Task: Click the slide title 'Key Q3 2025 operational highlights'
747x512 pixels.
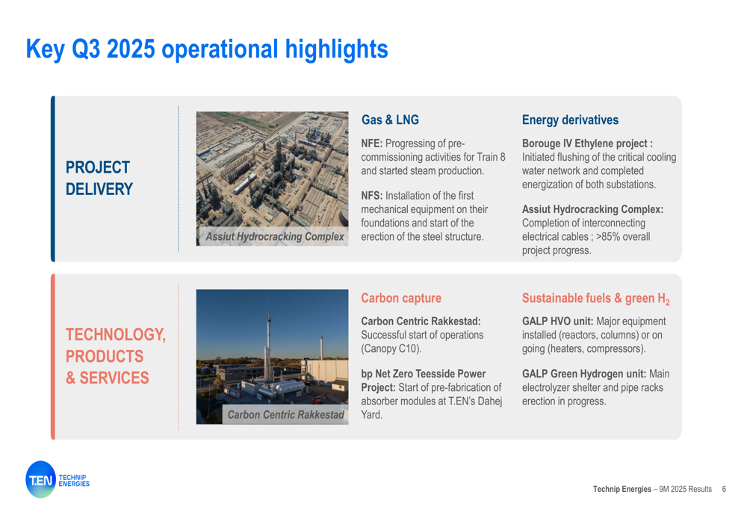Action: click(x=207, y=49)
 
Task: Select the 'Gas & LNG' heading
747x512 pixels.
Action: click(x=390, y=120)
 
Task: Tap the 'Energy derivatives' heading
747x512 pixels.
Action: click(x=570, y=120)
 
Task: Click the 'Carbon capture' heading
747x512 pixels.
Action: click(x=400, y=298)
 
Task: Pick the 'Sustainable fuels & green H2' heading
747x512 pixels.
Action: click(x=595, y=299)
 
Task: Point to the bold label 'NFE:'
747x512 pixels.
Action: click(x=371, y=144)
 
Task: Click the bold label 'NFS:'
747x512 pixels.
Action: click(x=371, y=195)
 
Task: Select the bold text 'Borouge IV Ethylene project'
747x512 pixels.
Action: click(x=585, y=144)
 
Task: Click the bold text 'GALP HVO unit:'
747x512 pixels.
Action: click(x=557, y=321)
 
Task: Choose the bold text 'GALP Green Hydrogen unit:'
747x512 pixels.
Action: click(x=584, y=374)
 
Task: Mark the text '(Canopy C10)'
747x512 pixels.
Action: click(x=391, y=348)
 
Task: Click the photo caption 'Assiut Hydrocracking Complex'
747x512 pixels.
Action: click(x=274, y=236)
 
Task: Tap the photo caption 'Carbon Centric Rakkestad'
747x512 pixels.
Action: click(x=285, y=415)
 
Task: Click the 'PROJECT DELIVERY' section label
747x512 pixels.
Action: click(x=99, y=179)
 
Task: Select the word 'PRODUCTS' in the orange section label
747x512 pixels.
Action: click(x=105, y=356)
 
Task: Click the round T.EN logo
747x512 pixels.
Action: click(x=41, y=480)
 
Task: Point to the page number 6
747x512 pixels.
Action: click(x=724, y=489)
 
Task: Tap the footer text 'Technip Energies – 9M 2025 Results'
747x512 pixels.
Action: click(x=652, y=489)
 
